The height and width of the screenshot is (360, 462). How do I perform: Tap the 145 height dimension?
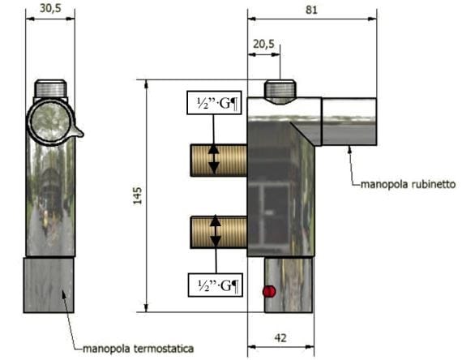138,196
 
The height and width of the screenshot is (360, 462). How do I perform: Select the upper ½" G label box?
214,104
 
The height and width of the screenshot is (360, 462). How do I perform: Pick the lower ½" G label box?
214,285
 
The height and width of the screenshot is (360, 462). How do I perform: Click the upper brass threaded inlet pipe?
219,159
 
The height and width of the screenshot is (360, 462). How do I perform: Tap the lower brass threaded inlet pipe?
219,231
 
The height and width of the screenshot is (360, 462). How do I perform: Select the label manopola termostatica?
138,349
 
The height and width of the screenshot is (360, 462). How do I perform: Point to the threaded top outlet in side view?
280,89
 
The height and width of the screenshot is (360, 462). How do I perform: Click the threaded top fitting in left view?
50,88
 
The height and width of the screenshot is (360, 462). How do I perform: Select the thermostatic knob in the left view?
50,285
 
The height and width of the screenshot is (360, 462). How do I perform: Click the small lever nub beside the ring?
77,131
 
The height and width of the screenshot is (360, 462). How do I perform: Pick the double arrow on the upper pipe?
214,159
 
